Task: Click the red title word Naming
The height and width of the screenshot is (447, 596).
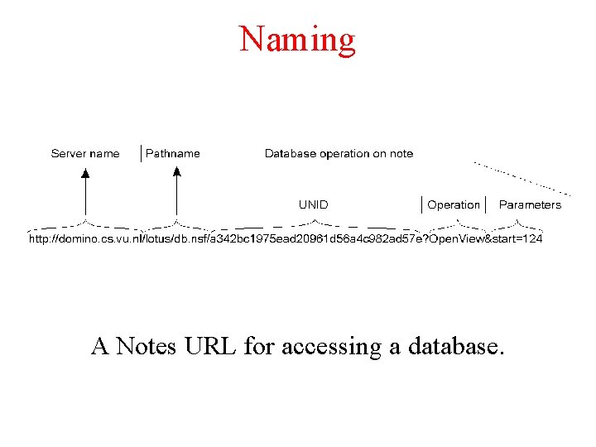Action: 297,39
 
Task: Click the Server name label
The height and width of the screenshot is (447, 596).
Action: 85,153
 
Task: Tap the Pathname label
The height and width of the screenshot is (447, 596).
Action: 173,153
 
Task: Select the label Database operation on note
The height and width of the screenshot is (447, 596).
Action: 339,153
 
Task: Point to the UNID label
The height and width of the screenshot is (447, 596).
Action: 313,204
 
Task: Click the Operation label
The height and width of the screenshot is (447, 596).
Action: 453,204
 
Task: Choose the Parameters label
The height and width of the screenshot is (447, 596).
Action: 530,204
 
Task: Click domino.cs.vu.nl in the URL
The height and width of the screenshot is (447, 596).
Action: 101,239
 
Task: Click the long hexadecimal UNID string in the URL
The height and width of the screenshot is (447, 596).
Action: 326,239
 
